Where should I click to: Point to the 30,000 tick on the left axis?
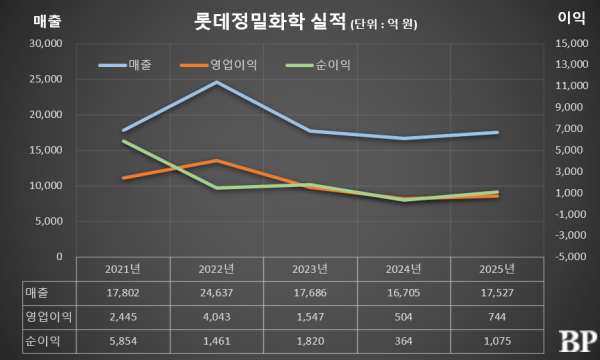point(46,44)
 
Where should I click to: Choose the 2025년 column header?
point(497,269)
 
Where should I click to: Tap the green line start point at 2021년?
point(123,141)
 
